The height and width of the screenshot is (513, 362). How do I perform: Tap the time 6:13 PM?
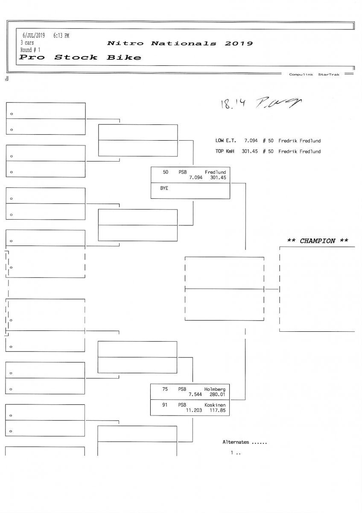61,35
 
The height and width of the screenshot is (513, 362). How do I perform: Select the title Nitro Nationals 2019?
180,44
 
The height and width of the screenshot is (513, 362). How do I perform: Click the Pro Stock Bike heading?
81,57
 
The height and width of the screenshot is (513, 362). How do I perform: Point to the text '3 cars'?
27,43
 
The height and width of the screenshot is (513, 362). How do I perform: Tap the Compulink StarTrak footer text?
314,74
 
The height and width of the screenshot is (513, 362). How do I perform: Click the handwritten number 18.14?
230,103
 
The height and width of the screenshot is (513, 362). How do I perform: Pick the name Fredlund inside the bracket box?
215,172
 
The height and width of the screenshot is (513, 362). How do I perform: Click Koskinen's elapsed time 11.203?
193,410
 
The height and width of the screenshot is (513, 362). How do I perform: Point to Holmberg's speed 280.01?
217,395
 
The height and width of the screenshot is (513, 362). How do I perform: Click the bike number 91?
165,404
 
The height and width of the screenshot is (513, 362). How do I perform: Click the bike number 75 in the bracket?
165,389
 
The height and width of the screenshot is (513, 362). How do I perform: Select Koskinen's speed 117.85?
217,410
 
